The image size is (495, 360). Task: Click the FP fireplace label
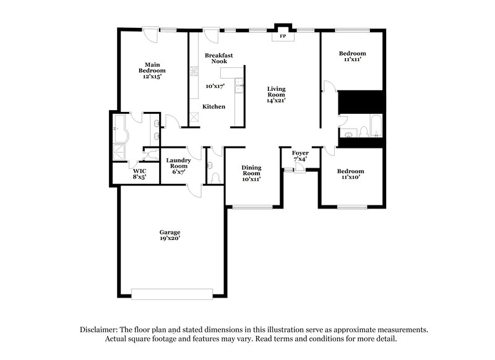click(283, 36)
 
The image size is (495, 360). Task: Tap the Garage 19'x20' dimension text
click(170, 238)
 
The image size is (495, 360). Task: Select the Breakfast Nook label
click(219, 58)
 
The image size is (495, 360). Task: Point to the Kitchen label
click(215, 107)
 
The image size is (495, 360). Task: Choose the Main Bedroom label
click(152, 71)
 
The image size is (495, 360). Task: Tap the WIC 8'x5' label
click(138, 173)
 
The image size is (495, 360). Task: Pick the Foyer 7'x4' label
click(300, 155)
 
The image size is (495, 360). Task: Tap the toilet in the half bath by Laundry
click(215, 178)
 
